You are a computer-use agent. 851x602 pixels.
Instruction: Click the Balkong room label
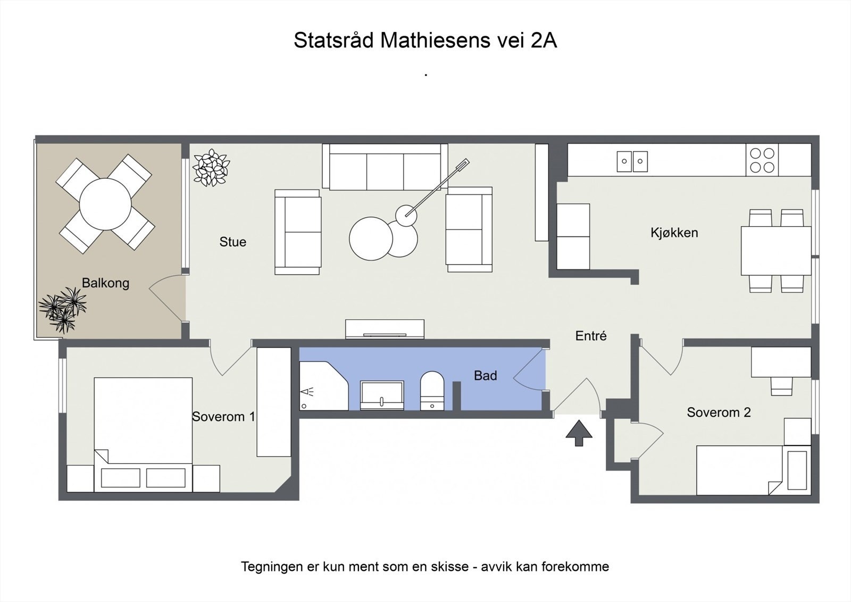pos(105,283)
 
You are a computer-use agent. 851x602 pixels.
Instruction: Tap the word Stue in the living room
pos(232,242)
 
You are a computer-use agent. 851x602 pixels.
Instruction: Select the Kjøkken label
pos(674,233)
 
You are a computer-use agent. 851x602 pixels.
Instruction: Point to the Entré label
pos(590,336)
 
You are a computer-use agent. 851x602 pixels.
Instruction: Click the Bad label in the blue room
pos(485,376)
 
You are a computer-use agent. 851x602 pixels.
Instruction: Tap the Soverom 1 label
pos(223,417)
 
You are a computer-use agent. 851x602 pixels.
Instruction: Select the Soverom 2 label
pos(719,413)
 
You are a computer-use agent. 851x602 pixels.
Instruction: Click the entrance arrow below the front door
pos(579,433)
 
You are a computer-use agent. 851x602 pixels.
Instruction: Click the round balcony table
pos(105,204)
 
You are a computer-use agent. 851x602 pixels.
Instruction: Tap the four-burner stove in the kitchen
pos(762,160)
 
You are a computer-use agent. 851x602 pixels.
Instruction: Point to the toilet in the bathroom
pos(432,391)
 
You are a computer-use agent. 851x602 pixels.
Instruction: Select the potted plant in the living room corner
pos(211,167)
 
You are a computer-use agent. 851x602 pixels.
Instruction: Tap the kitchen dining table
pos(775,251)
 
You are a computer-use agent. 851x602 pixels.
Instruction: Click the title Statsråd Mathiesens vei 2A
pos(425,40)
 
